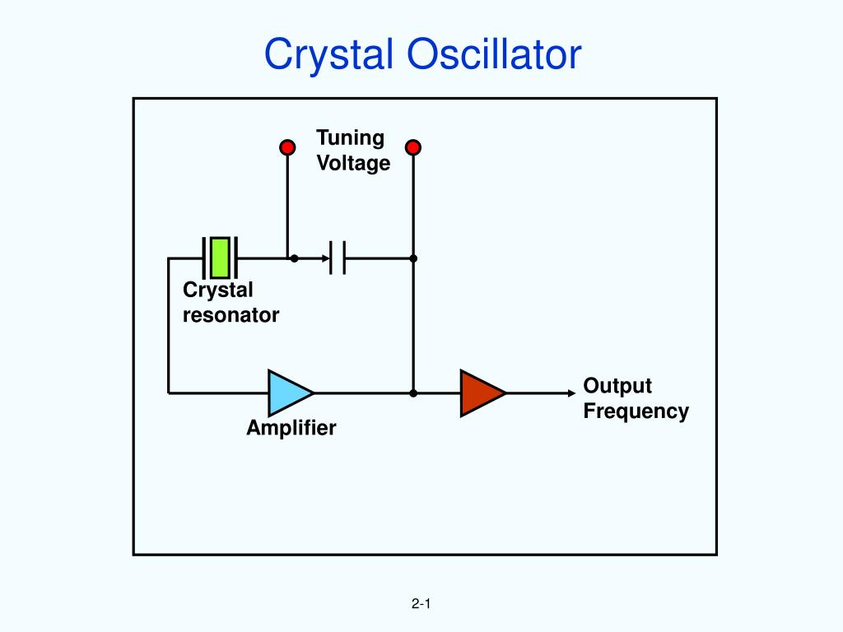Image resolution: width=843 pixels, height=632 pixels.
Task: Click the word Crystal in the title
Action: [328, 55]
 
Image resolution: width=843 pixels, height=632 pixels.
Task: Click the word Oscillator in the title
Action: [494, 54]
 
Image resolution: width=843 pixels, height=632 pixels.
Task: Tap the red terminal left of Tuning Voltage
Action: [287, 147]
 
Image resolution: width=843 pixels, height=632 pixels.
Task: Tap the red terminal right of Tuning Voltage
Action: [413, 147]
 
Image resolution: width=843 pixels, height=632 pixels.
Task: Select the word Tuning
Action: [350, 138]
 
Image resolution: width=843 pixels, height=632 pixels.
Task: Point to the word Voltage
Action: [353, 163]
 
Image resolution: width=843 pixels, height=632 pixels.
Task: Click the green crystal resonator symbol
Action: [220, 258]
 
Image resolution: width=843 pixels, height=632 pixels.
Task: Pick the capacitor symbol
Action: [337, 258]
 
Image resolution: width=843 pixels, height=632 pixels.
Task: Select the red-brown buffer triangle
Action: [482, 393]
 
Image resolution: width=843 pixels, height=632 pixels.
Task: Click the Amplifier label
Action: [291, 428]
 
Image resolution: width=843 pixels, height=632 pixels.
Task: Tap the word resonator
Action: [231, 315]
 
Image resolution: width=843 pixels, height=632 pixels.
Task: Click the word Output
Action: [617, 387]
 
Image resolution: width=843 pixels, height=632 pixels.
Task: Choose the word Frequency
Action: [636, 411]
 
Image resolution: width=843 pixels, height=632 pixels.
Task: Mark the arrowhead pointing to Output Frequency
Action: [571, 393]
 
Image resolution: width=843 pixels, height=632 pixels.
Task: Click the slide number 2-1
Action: [421, 603]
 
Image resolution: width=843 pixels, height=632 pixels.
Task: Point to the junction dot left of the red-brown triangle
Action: [413, 393]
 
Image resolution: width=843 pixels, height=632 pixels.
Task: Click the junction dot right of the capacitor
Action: [413, 258]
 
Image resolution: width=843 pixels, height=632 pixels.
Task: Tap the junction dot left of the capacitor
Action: [294, 258]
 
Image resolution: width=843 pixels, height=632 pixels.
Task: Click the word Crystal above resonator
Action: [217, 290]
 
